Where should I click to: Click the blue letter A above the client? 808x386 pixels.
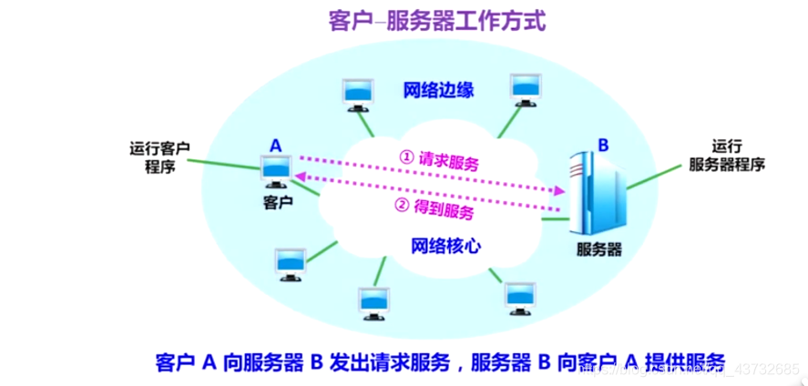pyautogui.click(x=274, y=145)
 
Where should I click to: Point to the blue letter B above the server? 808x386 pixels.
pyautogui.click(x=602, y=143)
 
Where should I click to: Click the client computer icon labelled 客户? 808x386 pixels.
pyautogui.click(x=275, y=170)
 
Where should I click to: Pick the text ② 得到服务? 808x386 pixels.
pyautogui.click(x=434, y=210)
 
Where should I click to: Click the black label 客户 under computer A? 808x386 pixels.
pyautogui.click(x=274, y=202)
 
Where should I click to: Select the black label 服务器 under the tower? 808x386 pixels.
pyautogui.click(x=600, y=248)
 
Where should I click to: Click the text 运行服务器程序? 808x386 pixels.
pyautogui.click(x=726, y=156)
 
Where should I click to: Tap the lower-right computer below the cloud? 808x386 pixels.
pyautogui.click(x=522, y=297)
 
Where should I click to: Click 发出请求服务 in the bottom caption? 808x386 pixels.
pyautogui.click(x=392, y=361)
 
